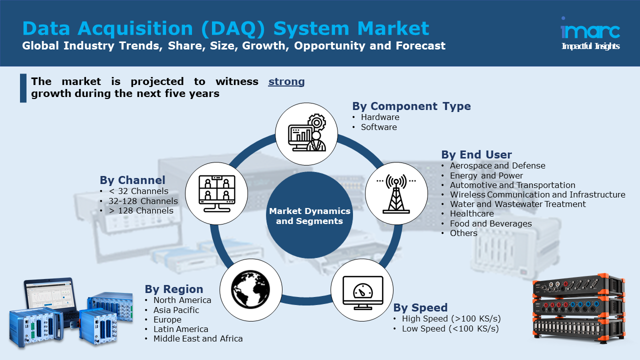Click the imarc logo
(590, 31)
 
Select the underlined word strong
(286, 81)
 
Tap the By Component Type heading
(411, 106)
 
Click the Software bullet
(379, 127)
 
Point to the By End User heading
(476, 154)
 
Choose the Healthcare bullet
(471, 213)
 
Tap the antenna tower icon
(396, 194)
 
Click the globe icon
(250, 289)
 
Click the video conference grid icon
(216, 192)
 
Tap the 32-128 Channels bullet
(143, 201)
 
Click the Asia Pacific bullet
(176, 310)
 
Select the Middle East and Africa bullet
(198, 338)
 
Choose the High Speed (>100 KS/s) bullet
(451, 318)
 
